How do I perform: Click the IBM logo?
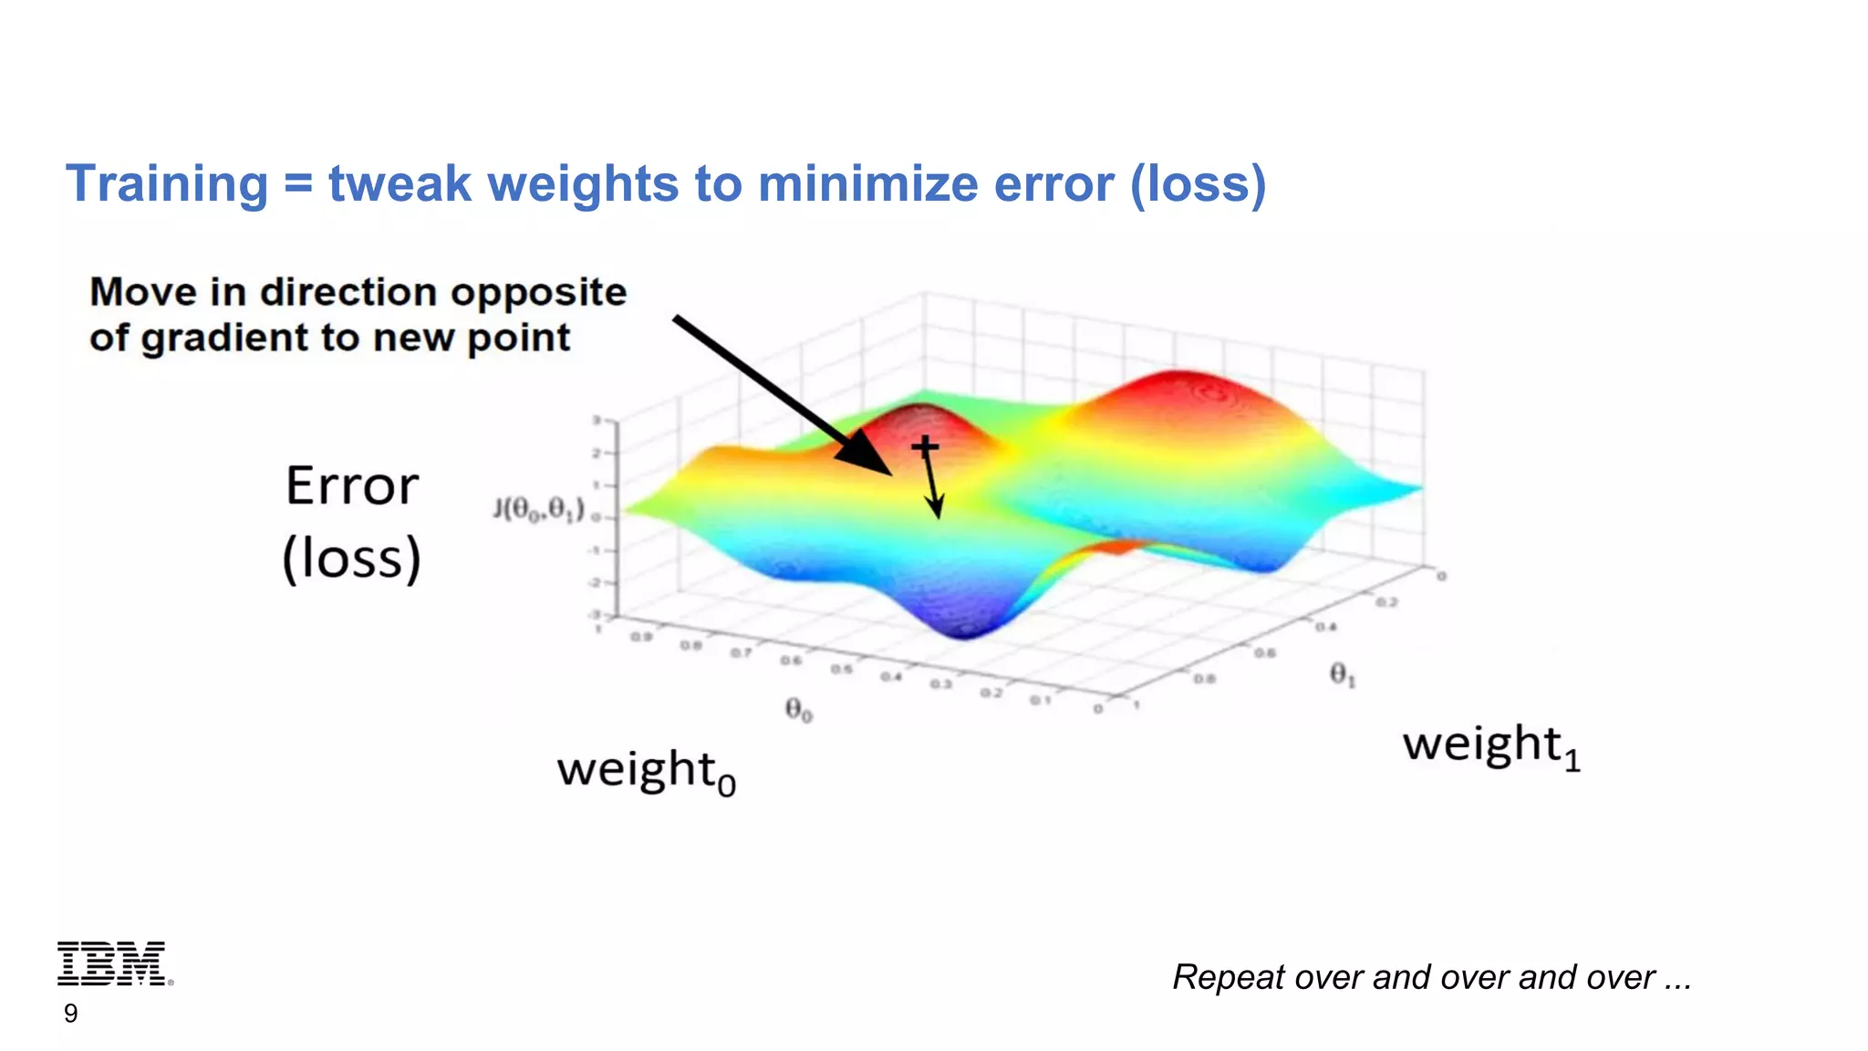coord(112,963)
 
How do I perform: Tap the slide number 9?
coord(70,1014)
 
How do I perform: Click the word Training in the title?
coord(167,183)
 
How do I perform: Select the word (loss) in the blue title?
coord(1198,183)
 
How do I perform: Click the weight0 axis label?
coord(646,772)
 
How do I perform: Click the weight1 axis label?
coord(1490,745)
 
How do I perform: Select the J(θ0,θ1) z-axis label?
coord(538,509)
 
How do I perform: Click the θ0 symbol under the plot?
coord(798,709)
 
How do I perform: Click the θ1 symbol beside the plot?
coord(1342,675)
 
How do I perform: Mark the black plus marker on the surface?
coord(925,446)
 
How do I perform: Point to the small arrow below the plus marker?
coord(932,488)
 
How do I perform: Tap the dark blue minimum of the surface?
coord(965,626)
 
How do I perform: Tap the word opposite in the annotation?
coord(537,293)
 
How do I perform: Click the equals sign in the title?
coord(298,183)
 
